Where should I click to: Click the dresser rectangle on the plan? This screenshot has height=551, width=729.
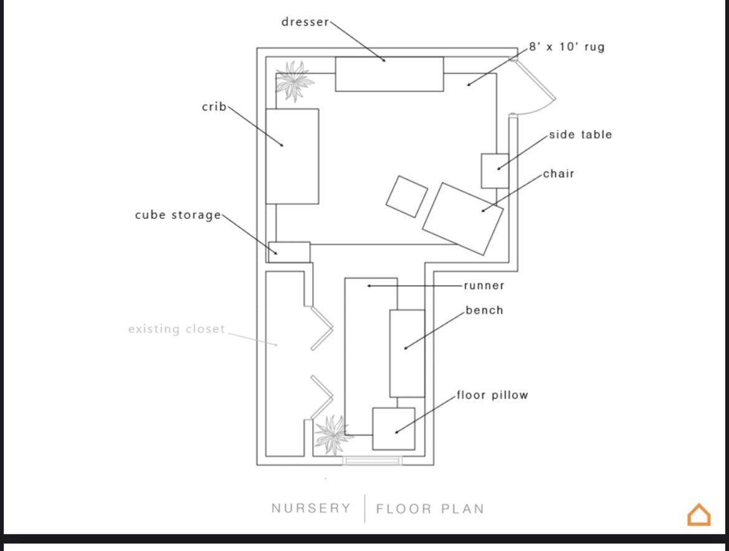(x=389, y=74)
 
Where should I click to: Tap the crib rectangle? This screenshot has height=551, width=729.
(x=292, y=156)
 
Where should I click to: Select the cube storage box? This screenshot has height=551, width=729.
(x=289, y=252)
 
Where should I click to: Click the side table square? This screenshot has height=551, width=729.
(x=495, y=171)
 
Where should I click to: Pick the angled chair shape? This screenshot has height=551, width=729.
(x=463, y=219)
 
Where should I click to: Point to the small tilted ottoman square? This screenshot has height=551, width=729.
(x=406, y=197)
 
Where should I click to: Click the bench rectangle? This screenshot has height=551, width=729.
(x=407, y=353)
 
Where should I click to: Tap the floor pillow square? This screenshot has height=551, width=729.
(x=394, y=428)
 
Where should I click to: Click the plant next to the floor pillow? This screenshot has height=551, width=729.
(x=331, y=434)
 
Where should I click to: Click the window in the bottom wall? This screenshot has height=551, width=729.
(x=372, y=461)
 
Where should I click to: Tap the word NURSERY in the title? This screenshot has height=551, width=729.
(x=311, y=509)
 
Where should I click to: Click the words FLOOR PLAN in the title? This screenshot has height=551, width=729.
(x=430, y=509)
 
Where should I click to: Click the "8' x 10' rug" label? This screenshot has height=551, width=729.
(x=566, y=47)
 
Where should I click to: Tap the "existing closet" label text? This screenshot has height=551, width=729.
(x=176, y=329)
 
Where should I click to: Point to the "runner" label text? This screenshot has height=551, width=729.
(x=484, y=286)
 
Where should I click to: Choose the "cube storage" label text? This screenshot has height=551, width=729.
(x=178, y=215)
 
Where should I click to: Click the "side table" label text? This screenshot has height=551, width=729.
(x=580, y=134)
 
